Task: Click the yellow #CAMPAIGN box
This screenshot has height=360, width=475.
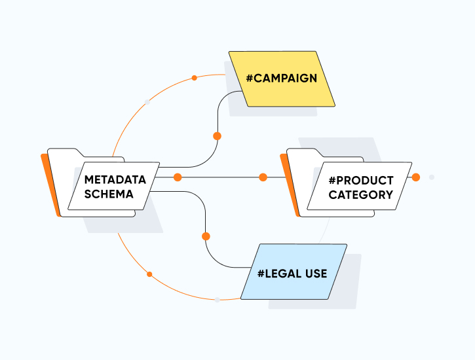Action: click(x=281, y=79)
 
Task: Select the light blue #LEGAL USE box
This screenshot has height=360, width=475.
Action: click(x=293, y=272)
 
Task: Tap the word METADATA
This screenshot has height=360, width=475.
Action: click(x=115, y=179)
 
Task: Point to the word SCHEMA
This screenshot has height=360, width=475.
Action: click(x=109, y=194)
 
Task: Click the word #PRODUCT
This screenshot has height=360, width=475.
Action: click(x=361, y=180)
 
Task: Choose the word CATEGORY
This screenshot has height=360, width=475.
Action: click(x=361, y=195)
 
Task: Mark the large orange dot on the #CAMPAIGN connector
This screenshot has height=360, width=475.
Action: click(x=217, y=136)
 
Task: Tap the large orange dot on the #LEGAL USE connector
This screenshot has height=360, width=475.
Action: click(x=206, y=236)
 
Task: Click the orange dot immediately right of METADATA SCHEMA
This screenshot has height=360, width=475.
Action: click(x=177, y=177)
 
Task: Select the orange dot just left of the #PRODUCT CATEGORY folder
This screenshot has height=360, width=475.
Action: click(x=263, y=177)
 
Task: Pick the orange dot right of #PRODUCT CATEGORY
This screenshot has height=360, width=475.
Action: click(x=415, y=177)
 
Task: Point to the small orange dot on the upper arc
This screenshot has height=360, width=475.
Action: click(x=194, y=78)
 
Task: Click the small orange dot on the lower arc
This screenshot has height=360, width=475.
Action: click(x=149, y=274)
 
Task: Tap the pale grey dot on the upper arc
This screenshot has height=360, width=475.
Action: click(x=147, y=102)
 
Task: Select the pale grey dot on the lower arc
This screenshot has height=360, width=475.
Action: click(x=217, y=300)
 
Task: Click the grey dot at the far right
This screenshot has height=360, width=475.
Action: click(x=431, y=177)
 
